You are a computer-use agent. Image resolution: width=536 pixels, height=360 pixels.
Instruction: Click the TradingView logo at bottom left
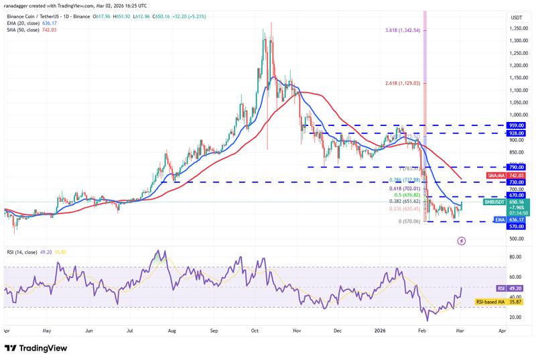(35, 348)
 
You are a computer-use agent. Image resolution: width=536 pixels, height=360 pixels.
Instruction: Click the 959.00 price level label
(517, 125)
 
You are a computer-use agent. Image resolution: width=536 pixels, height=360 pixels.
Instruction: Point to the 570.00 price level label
(517, 227)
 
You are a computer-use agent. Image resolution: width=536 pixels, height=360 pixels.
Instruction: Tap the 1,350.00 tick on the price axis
(517, 29)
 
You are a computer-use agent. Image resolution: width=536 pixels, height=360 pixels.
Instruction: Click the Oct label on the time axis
(255, 331)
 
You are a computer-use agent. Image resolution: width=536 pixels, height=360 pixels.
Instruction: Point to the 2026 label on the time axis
(381, 331)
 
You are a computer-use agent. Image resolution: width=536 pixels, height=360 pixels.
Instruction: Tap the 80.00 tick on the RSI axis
(515, 257)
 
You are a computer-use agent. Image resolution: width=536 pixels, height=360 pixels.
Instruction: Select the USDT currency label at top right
(516, 17)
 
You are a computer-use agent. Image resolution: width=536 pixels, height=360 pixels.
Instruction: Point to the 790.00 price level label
(517, 167)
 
